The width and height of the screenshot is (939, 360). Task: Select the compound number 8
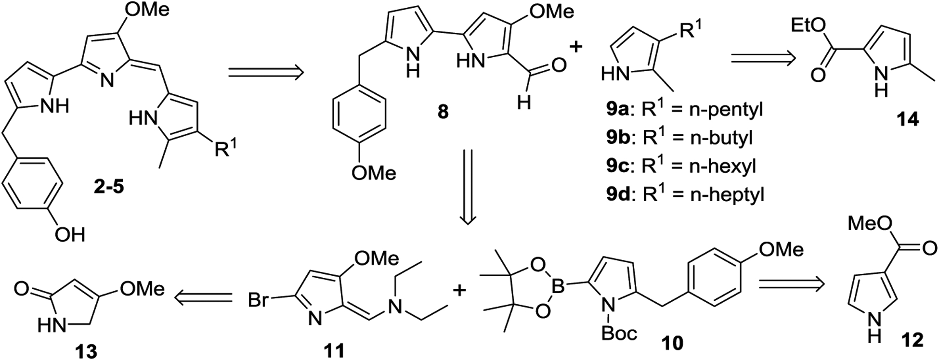443,112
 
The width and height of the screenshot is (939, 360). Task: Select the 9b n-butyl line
679,138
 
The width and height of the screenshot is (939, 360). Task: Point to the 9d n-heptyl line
685,194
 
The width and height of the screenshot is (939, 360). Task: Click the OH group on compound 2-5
70,235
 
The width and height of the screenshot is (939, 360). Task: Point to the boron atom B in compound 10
558,287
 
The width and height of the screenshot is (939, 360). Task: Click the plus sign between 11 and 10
461,290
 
